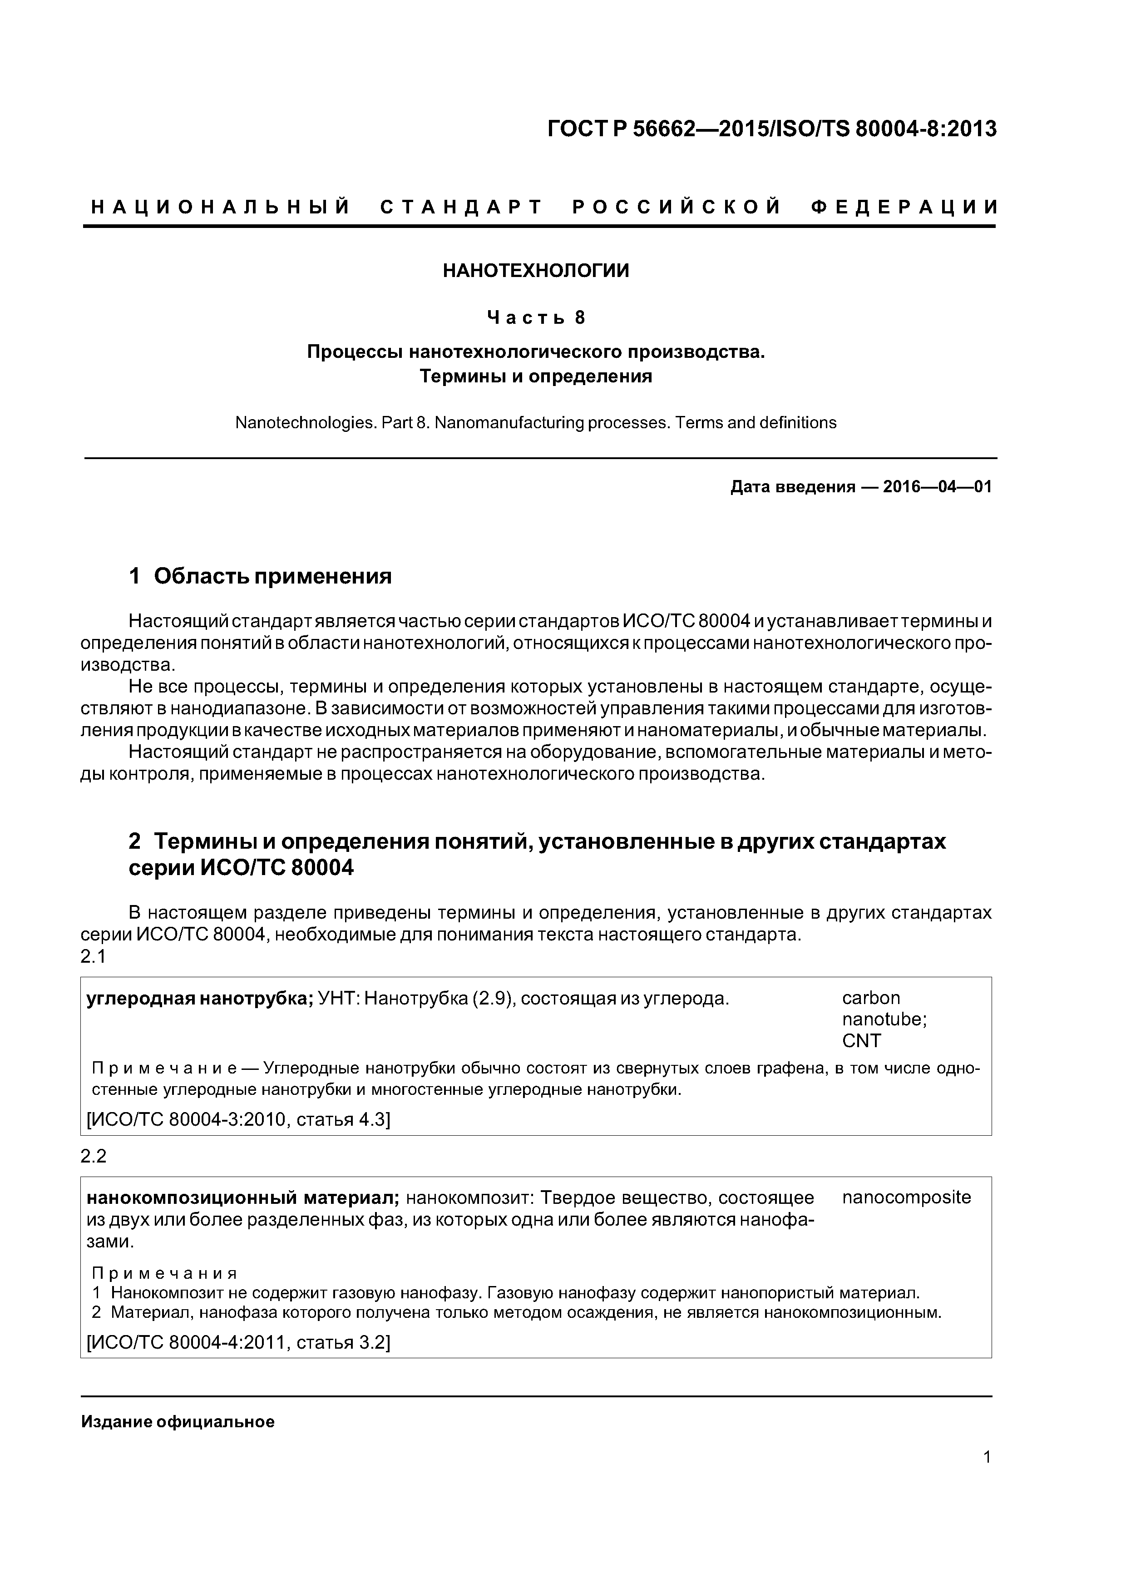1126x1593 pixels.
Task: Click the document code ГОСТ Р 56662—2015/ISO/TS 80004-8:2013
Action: pyautogui.click(x=771, y=129)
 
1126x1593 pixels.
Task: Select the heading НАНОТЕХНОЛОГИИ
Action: pyautogui.click(x=536, y=271)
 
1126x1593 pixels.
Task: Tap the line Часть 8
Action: pyautogui.click(x=536, y=318)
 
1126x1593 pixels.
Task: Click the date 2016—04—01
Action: pyautogui.click(x=937, y=487)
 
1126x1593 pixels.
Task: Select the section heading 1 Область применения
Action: pyautogui.click(x=260, y=576)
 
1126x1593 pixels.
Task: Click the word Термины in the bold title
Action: pyautogui.click(x=461, y=377)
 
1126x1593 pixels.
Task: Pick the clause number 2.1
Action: pyautogui.click(x=93, y=957)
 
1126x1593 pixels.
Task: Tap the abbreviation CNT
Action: pyautogui.click(x=861, y=1041)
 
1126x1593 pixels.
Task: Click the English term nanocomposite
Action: pyautogui.click(x=906, y=1197)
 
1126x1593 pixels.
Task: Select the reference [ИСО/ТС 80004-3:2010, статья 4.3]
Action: pyautogui.click(x=238, y=1120)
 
